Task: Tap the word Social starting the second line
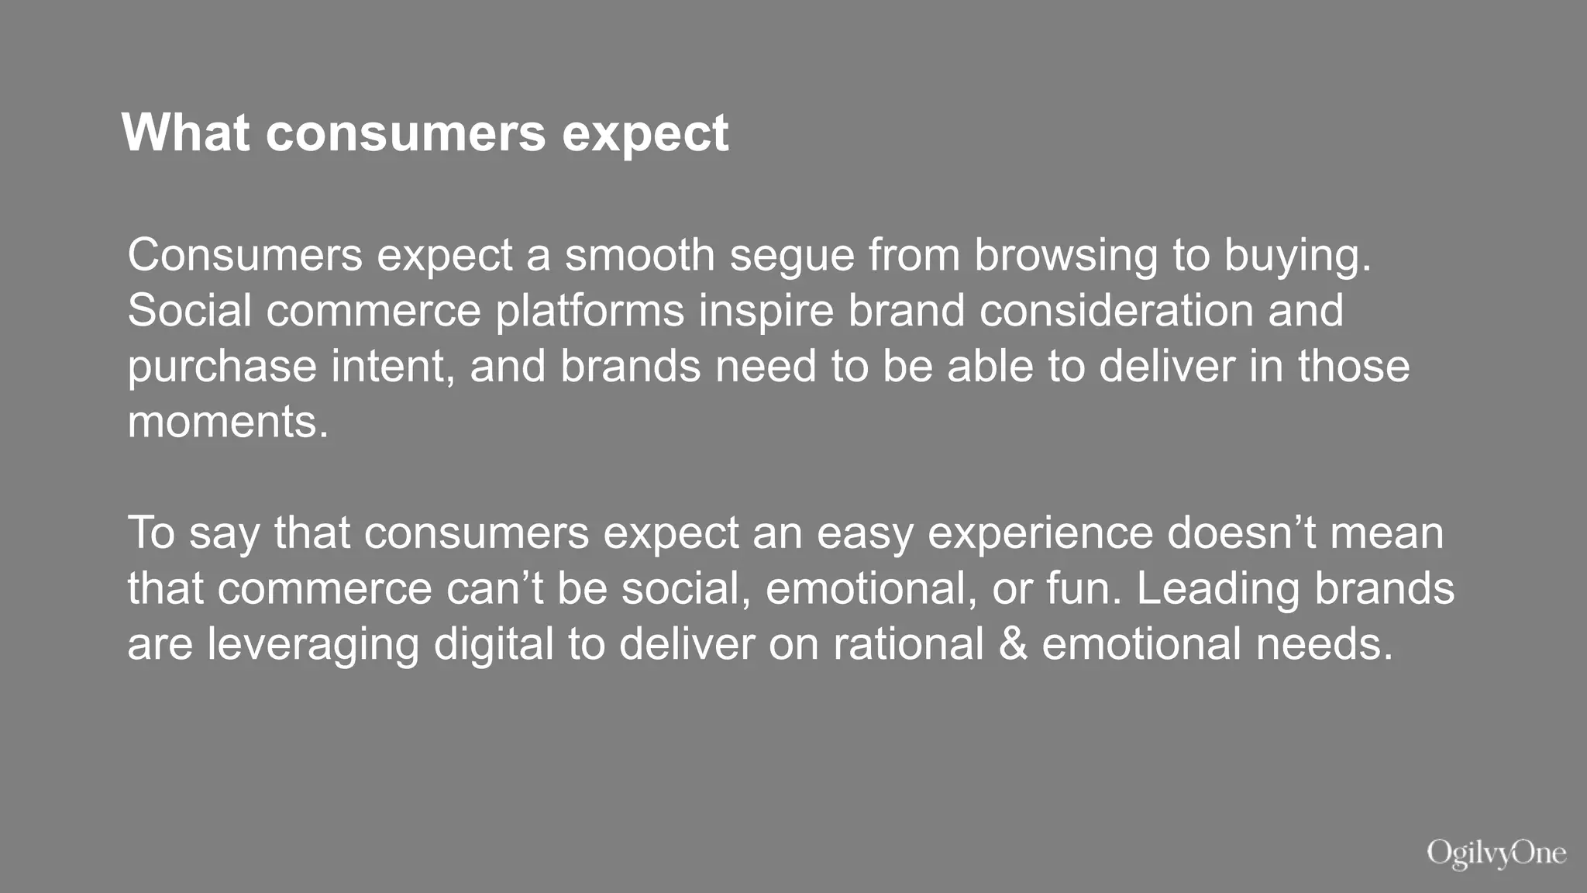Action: click(x=190, y=310)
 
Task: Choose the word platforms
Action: click(x=590, y=312)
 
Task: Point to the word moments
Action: click(x=228, y=422)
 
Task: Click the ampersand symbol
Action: click(x=1013, y=644)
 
